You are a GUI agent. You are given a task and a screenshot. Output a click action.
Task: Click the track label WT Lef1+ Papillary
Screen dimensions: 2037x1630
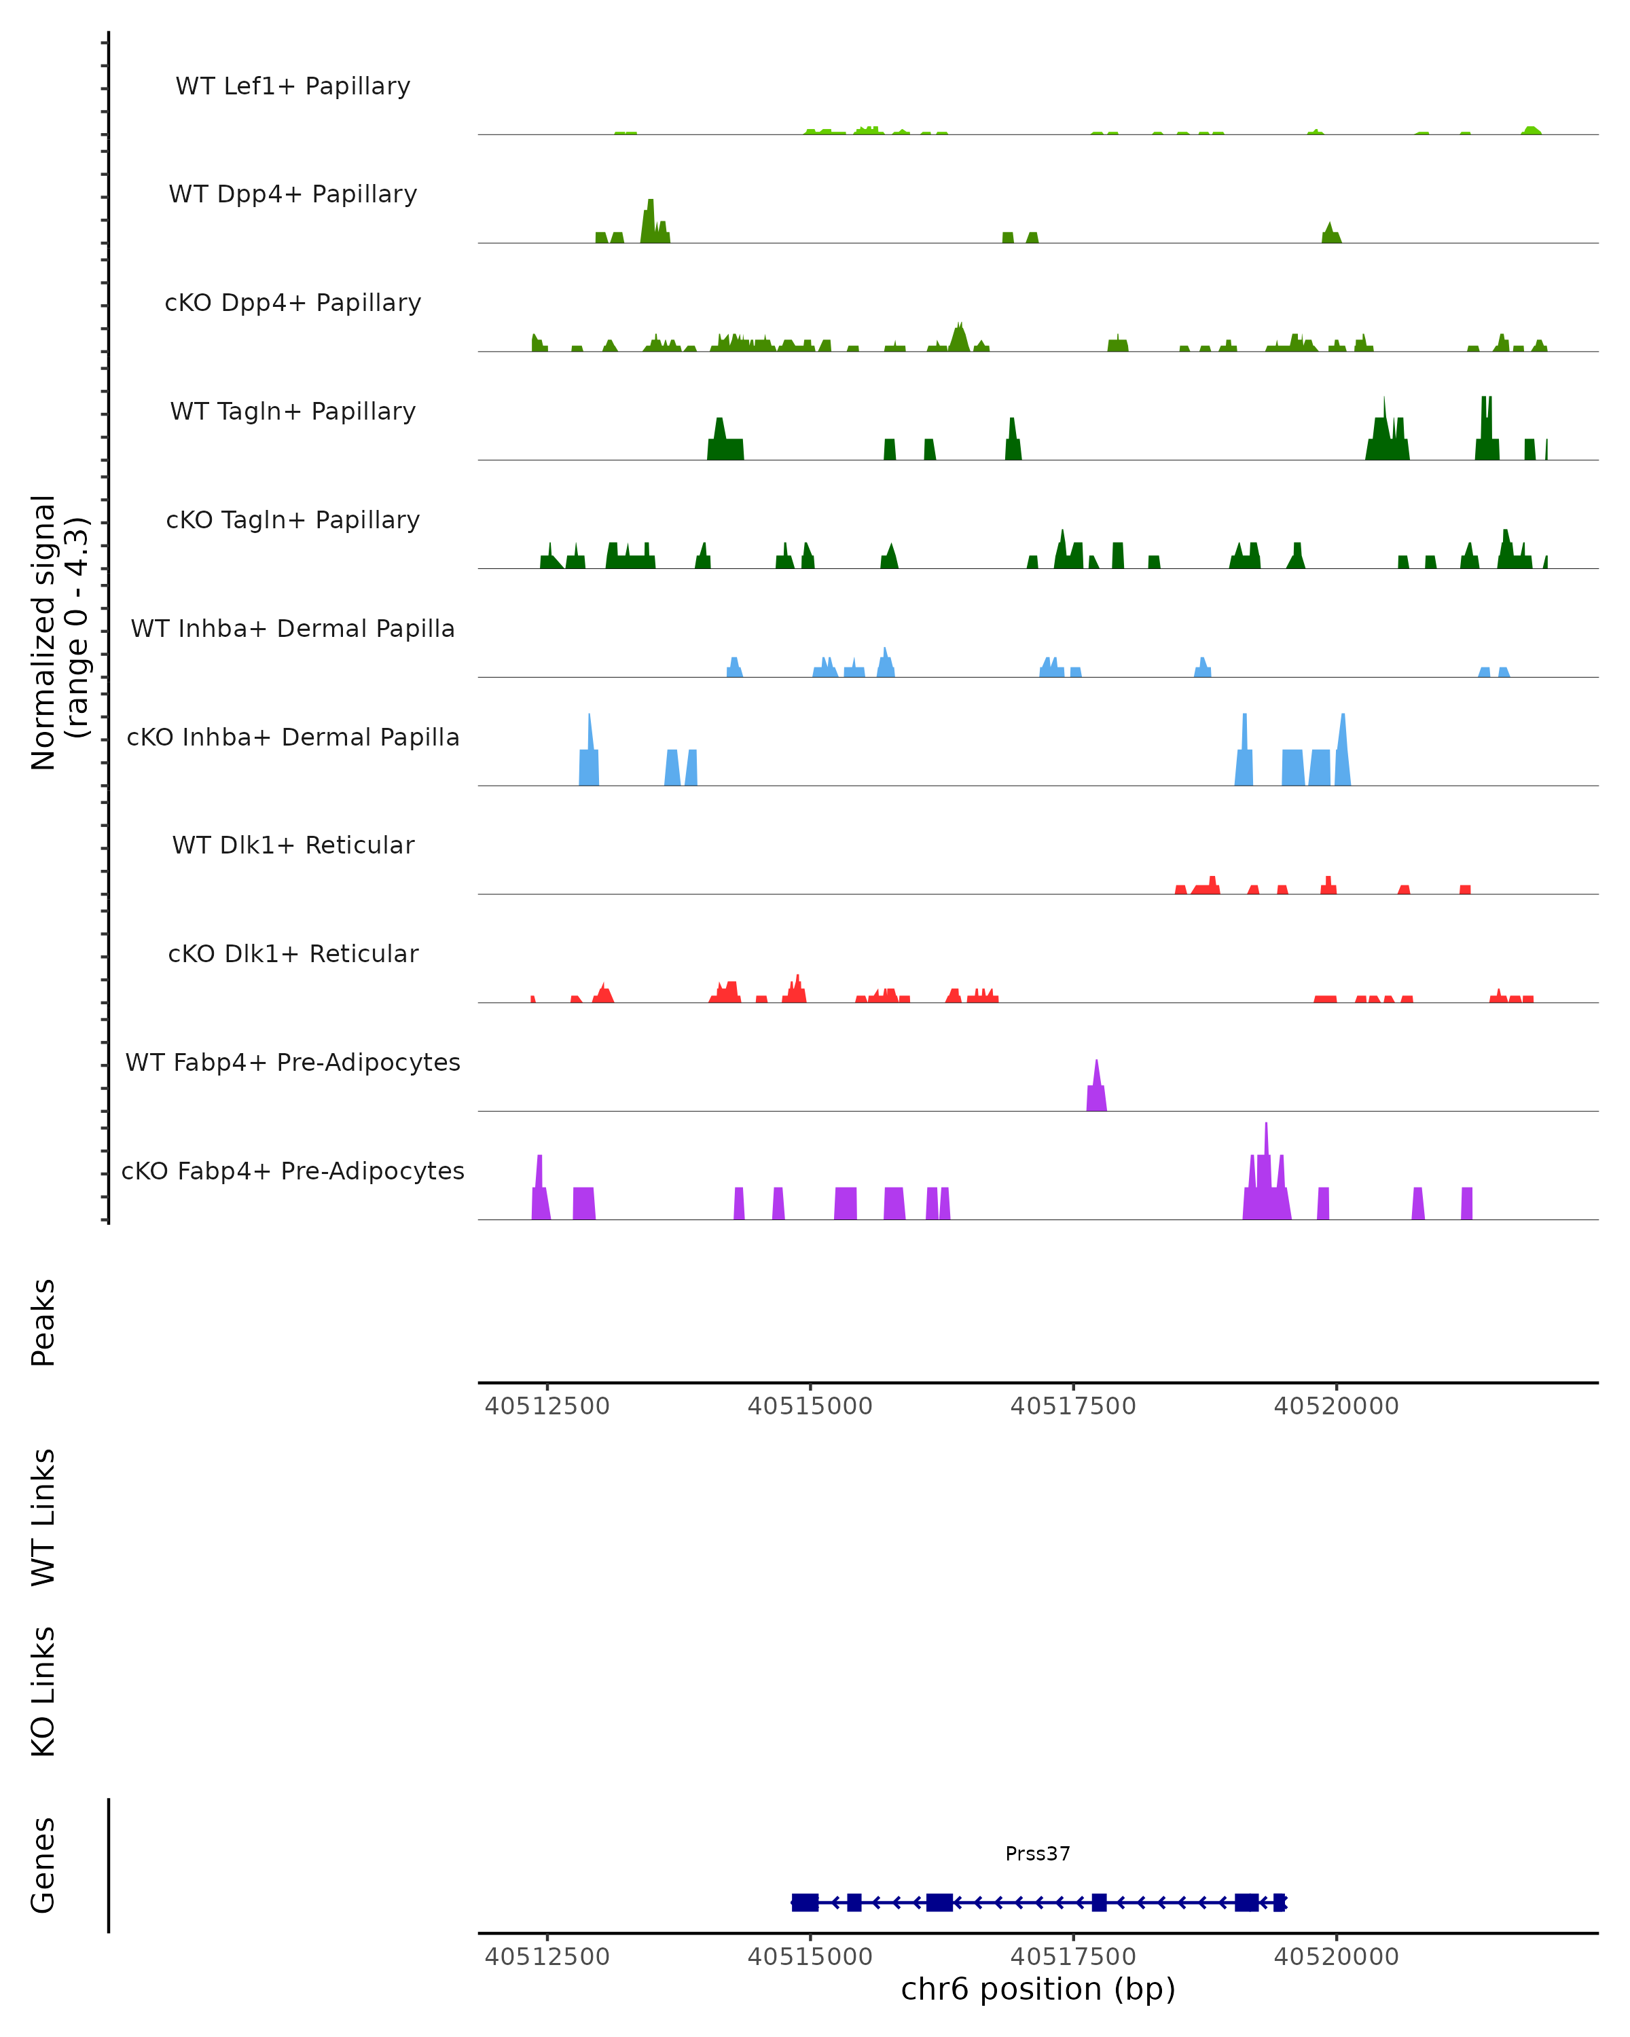coord(293,86)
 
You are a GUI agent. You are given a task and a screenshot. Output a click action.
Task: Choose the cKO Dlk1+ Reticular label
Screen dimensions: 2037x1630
coord(293,953)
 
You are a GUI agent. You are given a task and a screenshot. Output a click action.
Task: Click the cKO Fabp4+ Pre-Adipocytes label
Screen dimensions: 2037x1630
coord(293,1171)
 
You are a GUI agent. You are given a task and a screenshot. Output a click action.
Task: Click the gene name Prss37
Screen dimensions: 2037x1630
coord(1038,1854)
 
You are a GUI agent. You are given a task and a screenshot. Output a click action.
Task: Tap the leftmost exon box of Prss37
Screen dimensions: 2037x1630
coord(804,1902)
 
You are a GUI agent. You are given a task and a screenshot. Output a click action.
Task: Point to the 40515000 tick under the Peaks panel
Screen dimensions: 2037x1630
coord(810,1406)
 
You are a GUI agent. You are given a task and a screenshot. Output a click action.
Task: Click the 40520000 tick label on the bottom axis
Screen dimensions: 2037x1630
coord(1336,1957)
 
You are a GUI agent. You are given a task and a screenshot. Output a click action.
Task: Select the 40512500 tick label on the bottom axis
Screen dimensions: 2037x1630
coord(547,1957)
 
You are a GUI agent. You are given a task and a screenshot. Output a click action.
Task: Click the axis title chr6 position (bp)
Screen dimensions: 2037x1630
coord(1038,1989)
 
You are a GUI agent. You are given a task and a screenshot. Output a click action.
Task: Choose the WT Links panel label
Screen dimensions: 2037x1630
coord(43,1516)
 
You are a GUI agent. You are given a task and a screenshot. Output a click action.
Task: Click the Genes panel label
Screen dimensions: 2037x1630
coord(43,1865)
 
